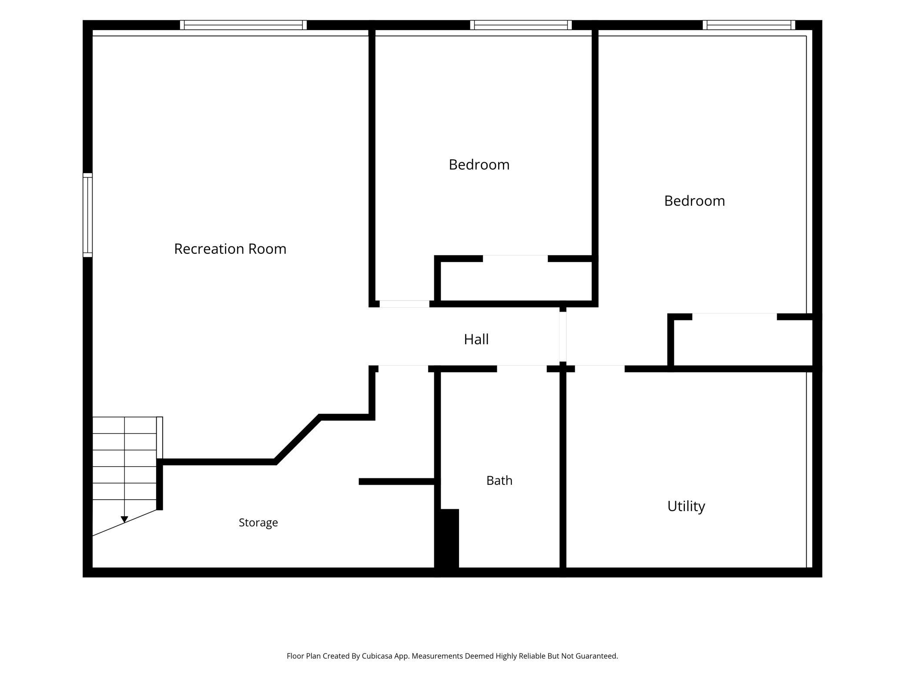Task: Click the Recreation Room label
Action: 230,249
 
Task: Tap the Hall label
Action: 476,339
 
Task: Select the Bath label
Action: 499,481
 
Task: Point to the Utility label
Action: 686,506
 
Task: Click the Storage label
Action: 258,523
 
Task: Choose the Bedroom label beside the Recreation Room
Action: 479,165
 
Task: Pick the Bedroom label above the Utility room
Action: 694,201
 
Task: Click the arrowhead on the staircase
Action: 124,519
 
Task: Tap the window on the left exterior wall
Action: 87,215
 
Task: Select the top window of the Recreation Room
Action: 243,25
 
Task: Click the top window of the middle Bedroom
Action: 521,25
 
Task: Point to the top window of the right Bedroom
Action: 749,25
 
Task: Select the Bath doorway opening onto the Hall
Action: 522,369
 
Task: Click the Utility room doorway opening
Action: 600,369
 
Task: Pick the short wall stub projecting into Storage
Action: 397,481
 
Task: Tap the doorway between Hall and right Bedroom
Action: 563,336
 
